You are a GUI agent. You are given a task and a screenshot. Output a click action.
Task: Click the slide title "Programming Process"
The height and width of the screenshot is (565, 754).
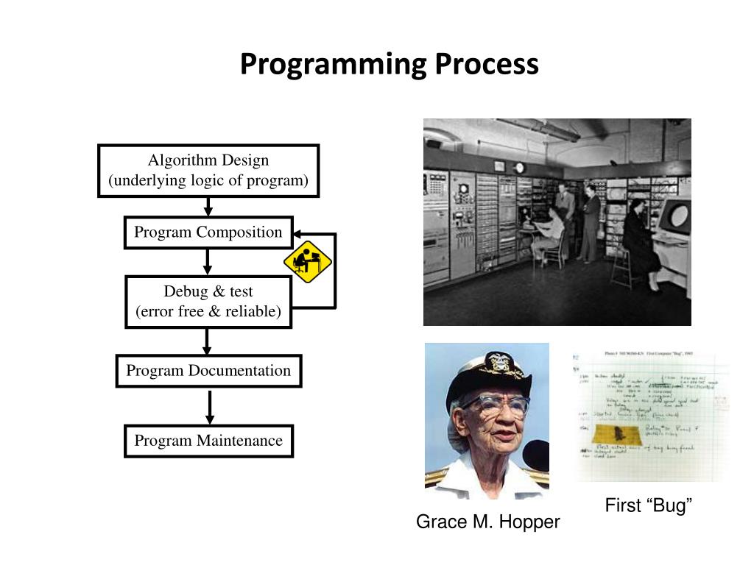[x=389, y=64]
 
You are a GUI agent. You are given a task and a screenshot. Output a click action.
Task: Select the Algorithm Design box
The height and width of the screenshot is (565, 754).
[x=208, y=171]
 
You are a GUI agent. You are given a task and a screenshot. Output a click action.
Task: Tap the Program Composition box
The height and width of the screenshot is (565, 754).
[x=208, y=232]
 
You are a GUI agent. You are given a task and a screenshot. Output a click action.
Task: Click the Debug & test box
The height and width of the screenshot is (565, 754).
[x=208, y=302]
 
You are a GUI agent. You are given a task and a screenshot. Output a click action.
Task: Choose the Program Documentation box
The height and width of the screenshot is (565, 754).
[x=208, y=371]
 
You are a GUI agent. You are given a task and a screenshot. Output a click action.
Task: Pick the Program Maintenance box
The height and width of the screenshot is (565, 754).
[x=208, y=441]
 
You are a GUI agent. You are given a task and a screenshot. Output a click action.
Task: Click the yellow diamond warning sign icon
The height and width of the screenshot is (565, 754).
[x=308, y=261]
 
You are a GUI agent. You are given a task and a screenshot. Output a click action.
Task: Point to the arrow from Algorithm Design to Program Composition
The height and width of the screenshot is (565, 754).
[x=208, y=207]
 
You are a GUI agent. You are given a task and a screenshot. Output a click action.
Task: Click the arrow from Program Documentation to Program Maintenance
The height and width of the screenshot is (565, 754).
[x=210, y=407]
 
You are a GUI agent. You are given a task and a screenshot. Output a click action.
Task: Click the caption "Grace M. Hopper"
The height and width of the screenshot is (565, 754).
[x=487, y=522]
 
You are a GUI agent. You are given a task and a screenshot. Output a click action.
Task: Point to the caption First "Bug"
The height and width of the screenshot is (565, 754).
[x=649, y=505]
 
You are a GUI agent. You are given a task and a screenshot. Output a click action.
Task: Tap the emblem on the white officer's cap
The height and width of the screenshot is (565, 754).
[x=498, y=363]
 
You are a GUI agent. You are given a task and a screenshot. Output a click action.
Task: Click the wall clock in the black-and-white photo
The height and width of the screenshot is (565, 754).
[x=519, y=168]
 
